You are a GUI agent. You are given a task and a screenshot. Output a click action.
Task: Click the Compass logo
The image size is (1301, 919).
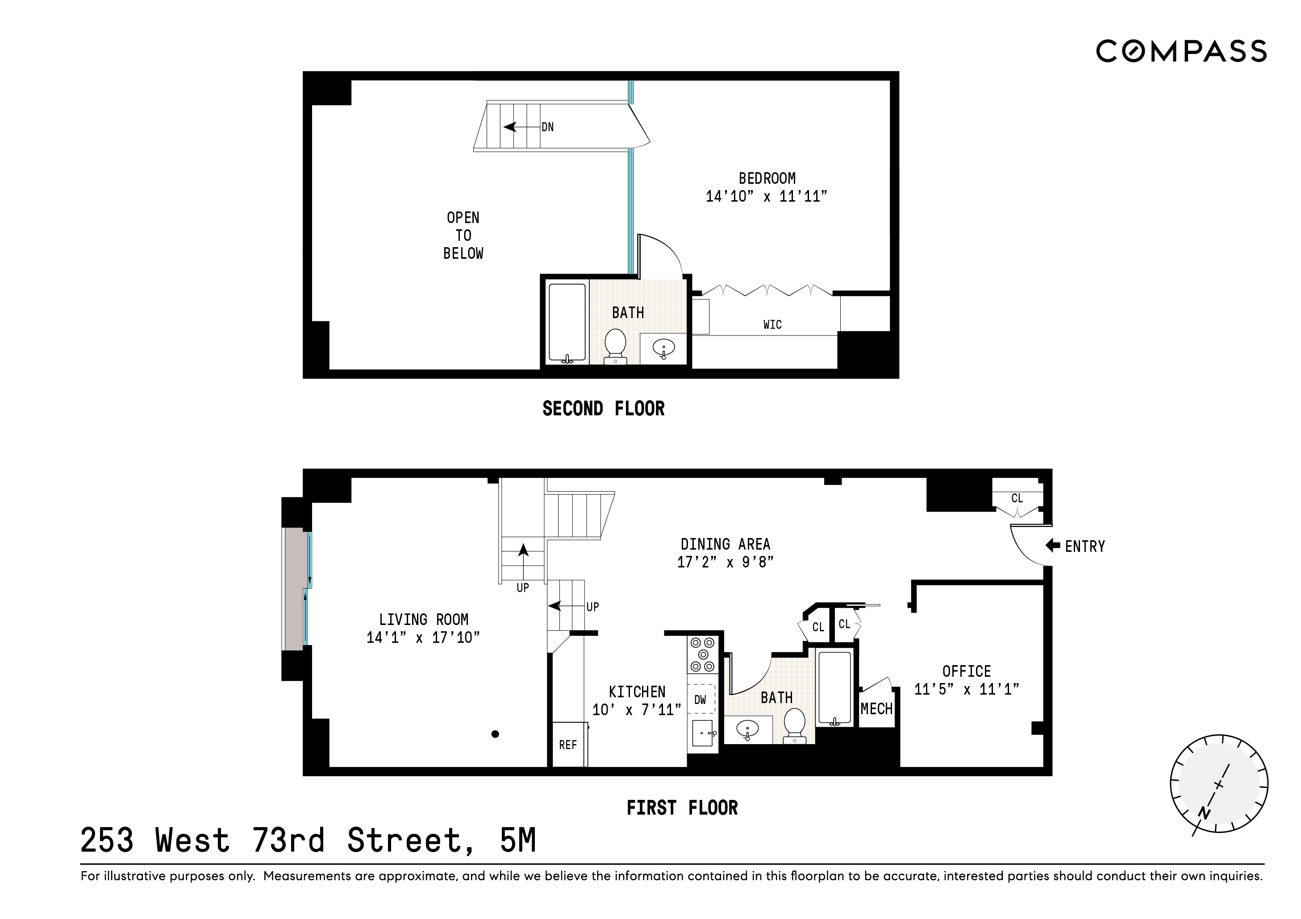click(1181, 51)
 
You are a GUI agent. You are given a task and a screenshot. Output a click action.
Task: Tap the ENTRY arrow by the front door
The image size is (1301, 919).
click(1053, 545)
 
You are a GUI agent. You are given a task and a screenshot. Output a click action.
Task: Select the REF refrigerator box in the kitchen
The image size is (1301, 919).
click(568, 745)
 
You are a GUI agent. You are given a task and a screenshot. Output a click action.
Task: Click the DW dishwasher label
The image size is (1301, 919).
click(701, 700)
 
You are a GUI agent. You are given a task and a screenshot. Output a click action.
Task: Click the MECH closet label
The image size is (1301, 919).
click(876, 709)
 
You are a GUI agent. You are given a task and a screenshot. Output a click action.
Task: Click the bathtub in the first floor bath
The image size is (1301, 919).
click(834, 688)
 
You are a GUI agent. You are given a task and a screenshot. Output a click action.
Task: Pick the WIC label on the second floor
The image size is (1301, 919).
click(772, 324)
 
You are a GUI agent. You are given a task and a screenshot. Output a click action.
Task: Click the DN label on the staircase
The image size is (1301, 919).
click(547, 127)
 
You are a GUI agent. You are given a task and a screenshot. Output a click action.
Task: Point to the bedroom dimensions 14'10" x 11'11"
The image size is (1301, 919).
click(766, 196)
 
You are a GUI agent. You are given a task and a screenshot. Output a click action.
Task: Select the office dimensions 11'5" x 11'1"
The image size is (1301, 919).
click(967, 689)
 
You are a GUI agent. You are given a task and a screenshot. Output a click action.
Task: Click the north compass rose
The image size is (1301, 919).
click(1219, 784)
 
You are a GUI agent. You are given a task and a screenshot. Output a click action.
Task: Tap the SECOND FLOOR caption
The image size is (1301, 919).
click(604, 408)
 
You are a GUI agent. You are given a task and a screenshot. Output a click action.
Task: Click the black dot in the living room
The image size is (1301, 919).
click(495, 734)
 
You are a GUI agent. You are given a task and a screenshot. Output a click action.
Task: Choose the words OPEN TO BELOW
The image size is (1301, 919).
click(463, 236)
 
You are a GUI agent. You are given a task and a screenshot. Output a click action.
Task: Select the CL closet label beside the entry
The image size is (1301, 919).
click(1017, 498)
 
